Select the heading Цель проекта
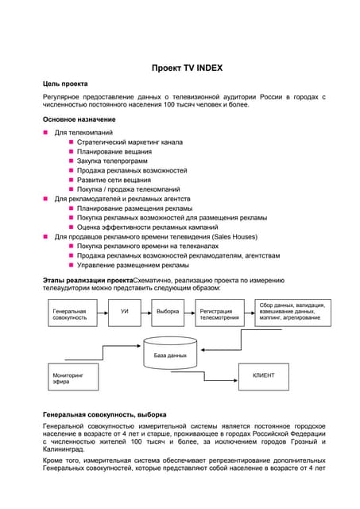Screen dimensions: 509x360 point(71,84)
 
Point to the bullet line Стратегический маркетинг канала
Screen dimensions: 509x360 point(130,142)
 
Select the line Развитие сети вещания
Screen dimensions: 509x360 point(114,180)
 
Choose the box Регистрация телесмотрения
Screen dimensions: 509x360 point(219,314)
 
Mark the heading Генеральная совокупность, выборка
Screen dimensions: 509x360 point(104,414)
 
